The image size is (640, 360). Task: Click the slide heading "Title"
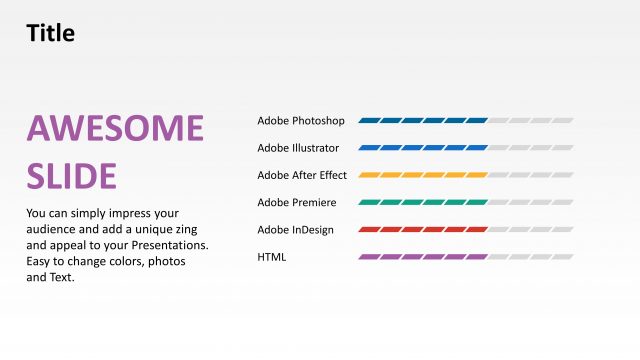[x=50, y=33]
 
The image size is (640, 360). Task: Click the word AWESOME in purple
[x=115, y=129]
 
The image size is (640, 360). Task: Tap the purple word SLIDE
[x=72, y=175]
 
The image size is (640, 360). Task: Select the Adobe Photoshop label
[x=301, y=121]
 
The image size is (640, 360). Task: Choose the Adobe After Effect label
[x=302, y=175]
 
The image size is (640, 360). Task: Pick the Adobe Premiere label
[x=296, y=203]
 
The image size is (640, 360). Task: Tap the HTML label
[x=272, y=257]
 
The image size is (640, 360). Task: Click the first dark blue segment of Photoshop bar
[x=369, y=121]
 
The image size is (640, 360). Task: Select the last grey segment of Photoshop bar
[x=562, y=121]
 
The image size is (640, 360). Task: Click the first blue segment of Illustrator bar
[x=369, y=148]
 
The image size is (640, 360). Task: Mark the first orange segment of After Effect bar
[x=369, y=175]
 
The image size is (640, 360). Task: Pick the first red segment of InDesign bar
[x=369, y=230]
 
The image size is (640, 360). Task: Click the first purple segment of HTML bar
[x=369, y=257]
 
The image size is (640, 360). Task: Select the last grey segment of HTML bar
[x=562, y=257]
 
